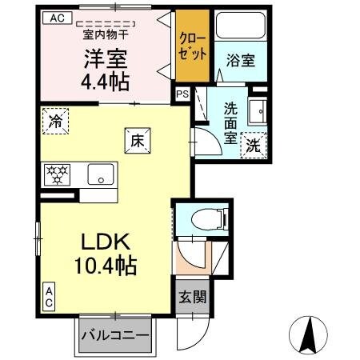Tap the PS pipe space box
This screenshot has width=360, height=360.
click(x=183, y=93)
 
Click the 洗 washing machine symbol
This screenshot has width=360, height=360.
click(x=253, y=146)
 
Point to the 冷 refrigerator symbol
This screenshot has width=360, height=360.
click(x=55, y=122)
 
